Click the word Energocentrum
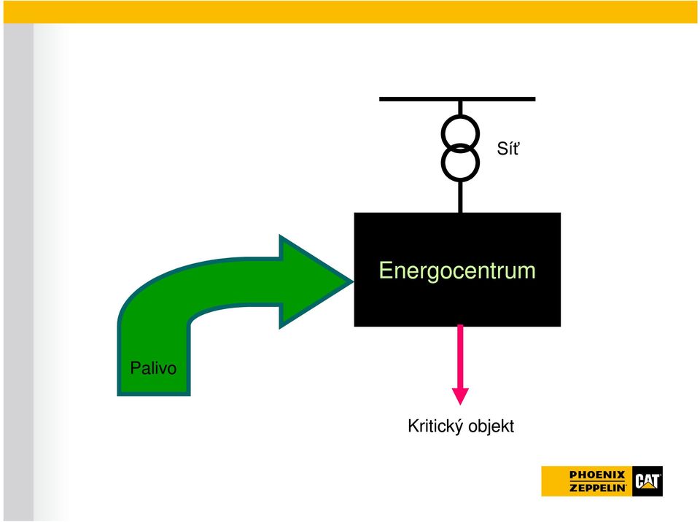point(456,270)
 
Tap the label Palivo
point(153,368)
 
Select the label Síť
point(508,148)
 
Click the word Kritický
point(435,426)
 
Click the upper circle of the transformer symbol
point(460,116)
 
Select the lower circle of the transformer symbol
point(460,181)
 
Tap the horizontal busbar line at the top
point(457,98)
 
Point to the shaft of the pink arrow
point(460,357)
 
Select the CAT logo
point(647,481)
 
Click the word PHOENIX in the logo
point(597,475)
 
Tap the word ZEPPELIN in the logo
point(598,488)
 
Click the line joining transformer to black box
point(460,198)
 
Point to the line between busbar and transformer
point(460,108)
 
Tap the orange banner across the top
point(350,12)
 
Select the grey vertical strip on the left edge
point(18,272)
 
